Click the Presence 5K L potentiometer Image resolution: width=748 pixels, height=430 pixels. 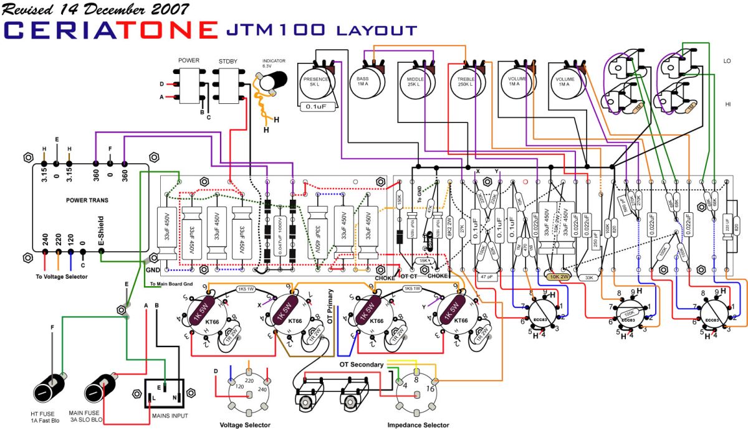319,83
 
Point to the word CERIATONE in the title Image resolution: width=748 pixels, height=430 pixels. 110,29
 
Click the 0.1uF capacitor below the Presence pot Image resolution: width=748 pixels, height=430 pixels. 318,107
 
